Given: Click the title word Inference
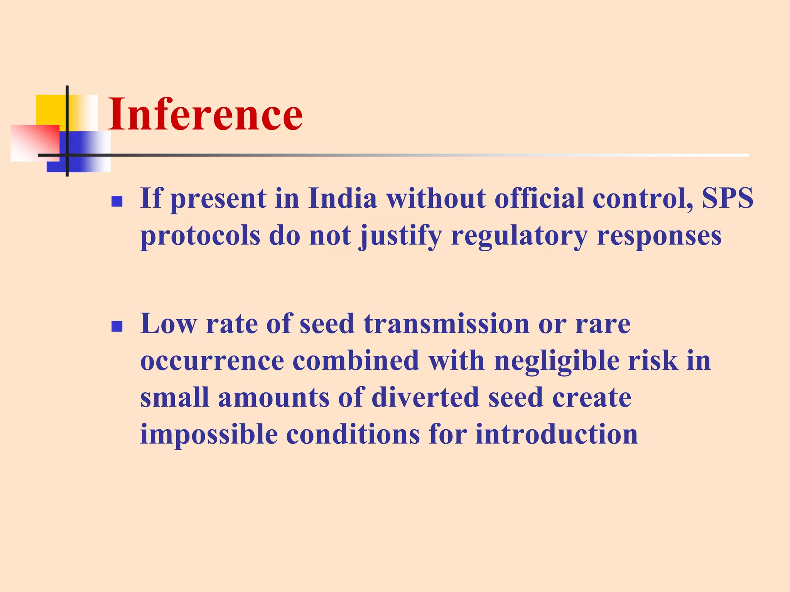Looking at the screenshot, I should (x=205, y=114).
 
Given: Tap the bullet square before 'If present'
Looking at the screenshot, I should (x=116, y=201).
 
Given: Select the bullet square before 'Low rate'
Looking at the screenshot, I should (x=116, y=326).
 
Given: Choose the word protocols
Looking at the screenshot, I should (x=200, y=236).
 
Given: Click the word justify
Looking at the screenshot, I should (x=400, y=236).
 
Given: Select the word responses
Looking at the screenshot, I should (x=659, y=236).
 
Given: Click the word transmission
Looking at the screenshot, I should (x=446, y=324).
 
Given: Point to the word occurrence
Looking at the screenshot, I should (x=212, y=361).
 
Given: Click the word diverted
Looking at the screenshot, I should (x=425, y=398).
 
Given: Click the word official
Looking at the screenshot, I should (x=539, y=198).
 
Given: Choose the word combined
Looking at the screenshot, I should (x=356, y=361).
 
